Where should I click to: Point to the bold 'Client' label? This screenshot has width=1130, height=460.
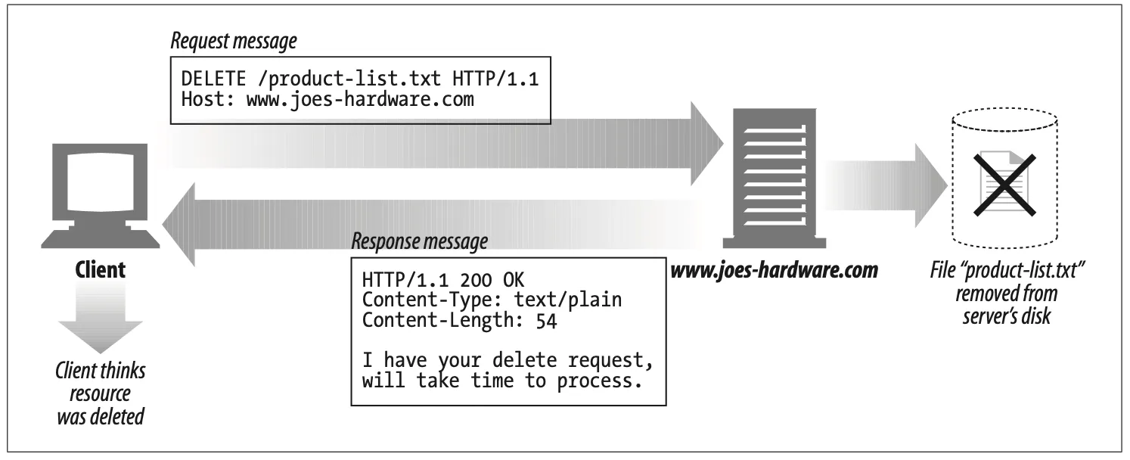coord(101,270)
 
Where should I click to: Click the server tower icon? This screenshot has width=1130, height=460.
coord(769,178)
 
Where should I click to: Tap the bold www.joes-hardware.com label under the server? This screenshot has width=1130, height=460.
coord(775,270)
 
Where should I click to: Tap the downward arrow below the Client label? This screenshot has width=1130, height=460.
coord(100,322)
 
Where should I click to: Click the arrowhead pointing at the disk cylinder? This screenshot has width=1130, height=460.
coord(930,185)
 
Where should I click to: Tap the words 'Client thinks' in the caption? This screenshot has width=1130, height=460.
coord(101,371)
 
